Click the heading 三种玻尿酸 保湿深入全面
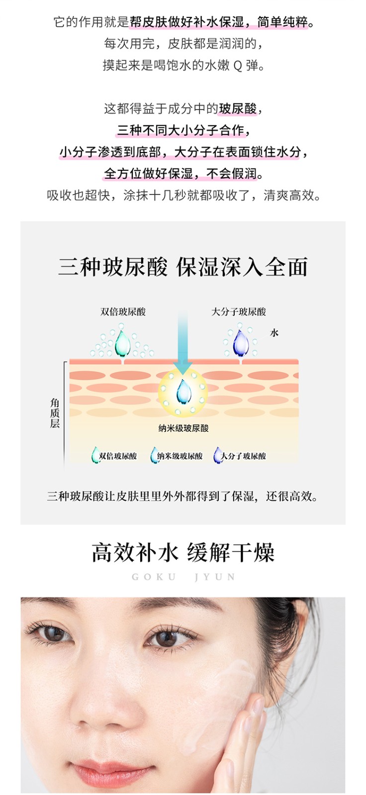click(183, 267)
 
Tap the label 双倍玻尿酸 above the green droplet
click(123, 312)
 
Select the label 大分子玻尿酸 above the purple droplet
click(239, 312)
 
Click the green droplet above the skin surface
click(123, 343)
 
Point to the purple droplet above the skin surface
click(240, 343)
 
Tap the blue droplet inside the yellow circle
click(183, 392)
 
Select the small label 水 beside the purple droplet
click(274, 332)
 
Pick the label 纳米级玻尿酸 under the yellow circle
click(183, 428)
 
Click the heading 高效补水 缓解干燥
click(183, 552)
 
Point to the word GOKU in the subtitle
click(154, 577)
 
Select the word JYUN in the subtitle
click(215, 577)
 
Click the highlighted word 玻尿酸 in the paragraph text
click(238, 109)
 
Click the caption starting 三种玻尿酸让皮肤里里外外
click(183, 496)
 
